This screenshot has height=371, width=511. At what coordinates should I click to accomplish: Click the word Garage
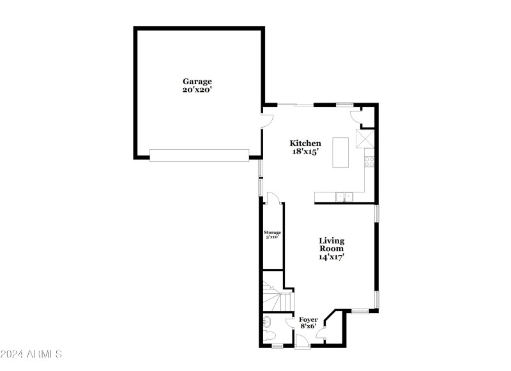tap(197, 81)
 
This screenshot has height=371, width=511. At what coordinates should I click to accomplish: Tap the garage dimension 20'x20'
tap(197, 90)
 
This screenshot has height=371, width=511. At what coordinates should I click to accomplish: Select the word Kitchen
tap(305, 143)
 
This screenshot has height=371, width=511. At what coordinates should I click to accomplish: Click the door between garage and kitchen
tap(268, 119)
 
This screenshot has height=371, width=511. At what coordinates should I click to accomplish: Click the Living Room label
tap(332, 244)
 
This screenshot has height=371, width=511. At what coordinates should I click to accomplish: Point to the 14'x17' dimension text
tap(332, 257)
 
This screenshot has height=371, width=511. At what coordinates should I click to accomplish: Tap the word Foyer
tap(309, 319)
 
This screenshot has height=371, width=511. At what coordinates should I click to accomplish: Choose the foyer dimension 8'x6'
tap(309, 326)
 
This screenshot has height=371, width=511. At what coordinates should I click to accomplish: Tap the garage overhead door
tap(199, 155)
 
